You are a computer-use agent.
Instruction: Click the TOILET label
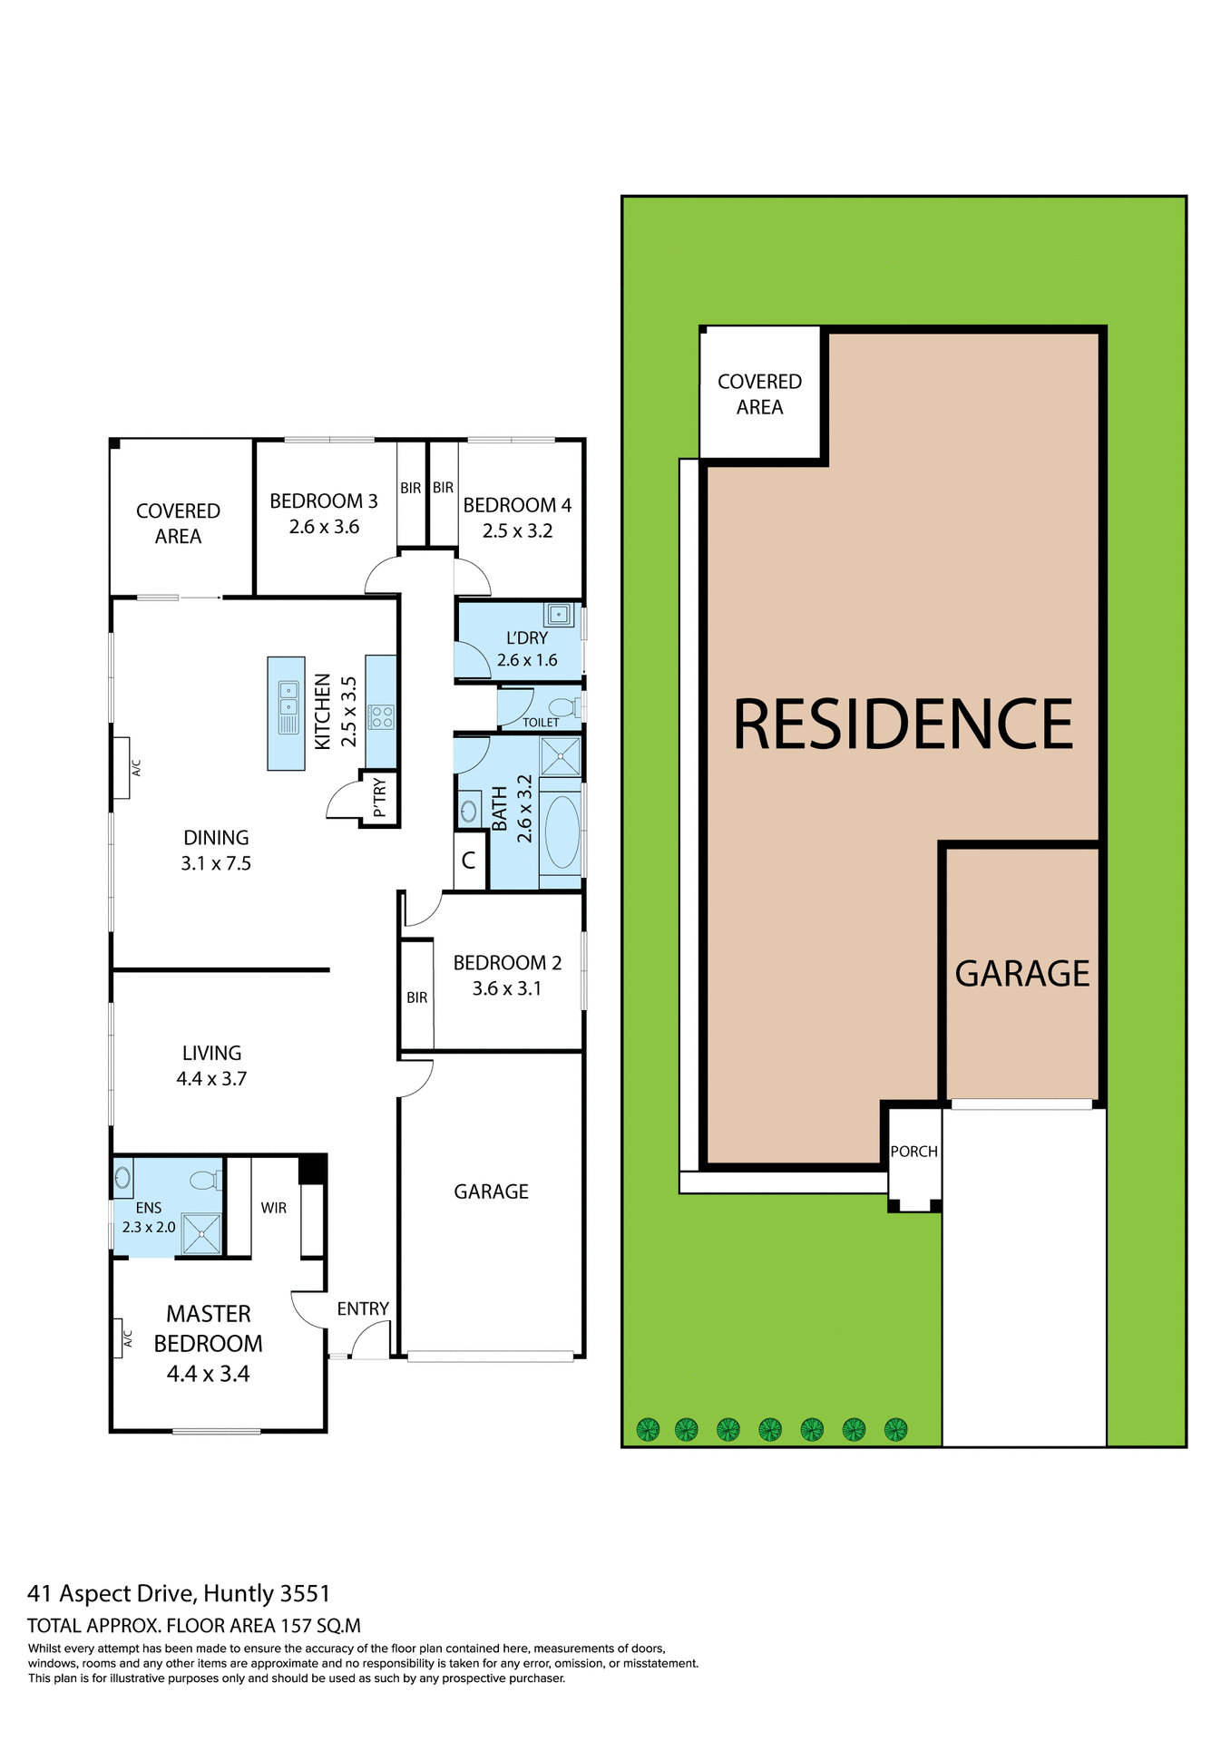[541, 723]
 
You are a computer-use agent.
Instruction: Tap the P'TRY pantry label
[380, 797]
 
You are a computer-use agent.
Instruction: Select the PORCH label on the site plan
[913, 1152]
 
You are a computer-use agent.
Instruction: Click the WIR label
[273, 1208]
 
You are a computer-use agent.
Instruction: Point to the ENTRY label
[363, 1308]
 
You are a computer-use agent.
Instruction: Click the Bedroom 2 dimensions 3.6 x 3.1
[506, 988]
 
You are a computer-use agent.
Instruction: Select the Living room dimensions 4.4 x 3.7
[211, 1079]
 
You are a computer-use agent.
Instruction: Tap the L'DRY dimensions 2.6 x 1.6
[527, 660]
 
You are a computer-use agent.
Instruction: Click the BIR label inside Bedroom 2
[416, 997]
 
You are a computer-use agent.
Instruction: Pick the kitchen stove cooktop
[381, 717]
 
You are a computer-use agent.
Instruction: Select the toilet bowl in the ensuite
[203, 1180]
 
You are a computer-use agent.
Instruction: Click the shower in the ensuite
[201, 1234]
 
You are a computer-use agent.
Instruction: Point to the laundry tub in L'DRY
[559, 615]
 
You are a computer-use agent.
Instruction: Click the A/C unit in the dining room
[122, 767]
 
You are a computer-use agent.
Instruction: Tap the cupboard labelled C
[469, 861]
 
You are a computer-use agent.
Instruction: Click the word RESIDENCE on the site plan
[903, 725]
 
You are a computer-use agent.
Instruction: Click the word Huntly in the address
[239, 1593]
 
